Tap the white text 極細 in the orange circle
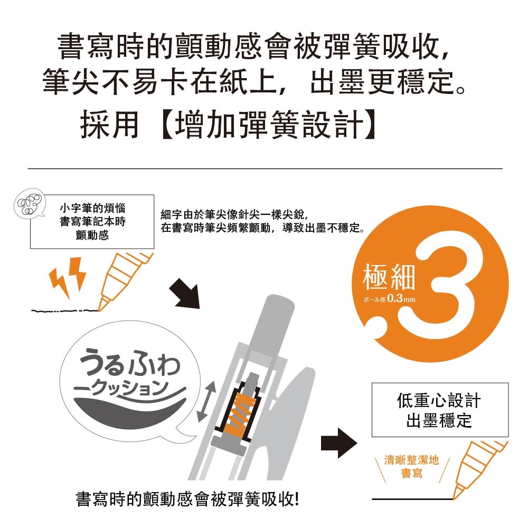(389, 278)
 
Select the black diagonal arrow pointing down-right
(185, 293)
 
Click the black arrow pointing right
(339, 443)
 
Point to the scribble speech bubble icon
(30, 203)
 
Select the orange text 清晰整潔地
(411, 460)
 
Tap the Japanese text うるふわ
(130, 362)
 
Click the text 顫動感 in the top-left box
(92, 235)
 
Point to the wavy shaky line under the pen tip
(64, 310)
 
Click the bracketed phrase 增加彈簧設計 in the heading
(268, 124)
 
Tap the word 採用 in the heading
(109, 124)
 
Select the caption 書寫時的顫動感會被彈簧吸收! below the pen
(187, 499)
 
